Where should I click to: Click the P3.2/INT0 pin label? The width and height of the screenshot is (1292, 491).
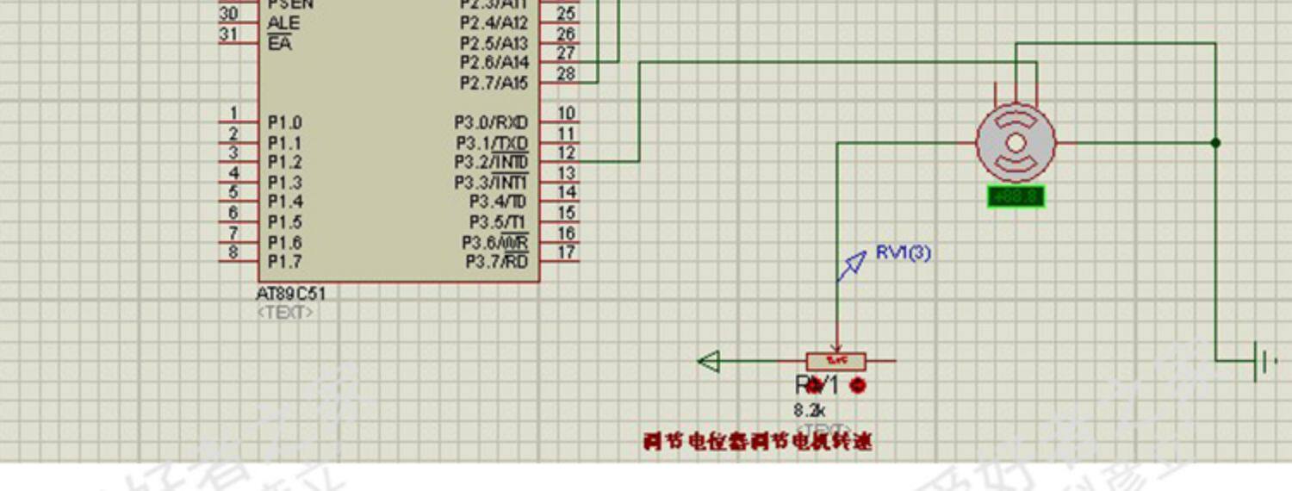[x=492, y=163]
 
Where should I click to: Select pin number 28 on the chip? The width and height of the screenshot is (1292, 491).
[x=566, y=73]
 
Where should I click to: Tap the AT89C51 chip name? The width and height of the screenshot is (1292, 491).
[x=291, y=294]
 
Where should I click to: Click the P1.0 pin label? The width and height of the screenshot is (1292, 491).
[x=284, y=123]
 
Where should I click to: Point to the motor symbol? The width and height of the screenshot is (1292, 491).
[x=1016, y=143]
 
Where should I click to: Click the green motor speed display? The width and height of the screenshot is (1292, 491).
[x=1016, y=197]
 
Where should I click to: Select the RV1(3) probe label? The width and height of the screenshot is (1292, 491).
[x=903, y=252]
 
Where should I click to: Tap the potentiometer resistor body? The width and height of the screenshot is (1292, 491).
[x=836, y=361]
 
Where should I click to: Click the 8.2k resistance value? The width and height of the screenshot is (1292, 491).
[x=811, y=411]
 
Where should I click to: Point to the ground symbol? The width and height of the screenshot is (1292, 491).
[x=1263, y=361]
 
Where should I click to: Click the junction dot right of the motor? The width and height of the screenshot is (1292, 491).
[x=1215, y=143]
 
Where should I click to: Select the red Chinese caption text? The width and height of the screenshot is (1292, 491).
[x=757, y=442]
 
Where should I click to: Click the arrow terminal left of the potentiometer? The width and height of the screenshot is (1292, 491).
[x=709, y=361]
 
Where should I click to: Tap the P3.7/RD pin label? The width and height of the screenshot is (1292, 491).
[x=497, y=262]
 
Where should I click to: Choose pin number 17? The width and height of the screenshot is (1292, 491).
[x=566, y=252]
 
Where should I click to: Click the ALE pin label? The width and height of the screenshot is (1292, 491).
[x=283, y=23]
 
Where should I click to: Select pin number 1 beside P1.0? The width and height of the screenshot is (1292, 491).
[x=233, y=113]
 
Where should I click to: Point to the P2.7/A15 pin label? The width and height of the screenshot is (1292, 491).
[x=494, y=84]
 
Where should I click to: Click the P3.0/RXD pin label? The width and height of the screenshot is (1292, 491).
[x=491, y=123]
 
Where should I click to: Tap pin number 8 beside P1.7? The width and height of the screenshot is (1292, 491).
[x=233, y=252]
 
